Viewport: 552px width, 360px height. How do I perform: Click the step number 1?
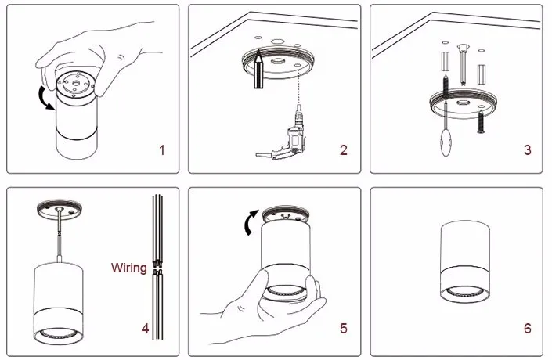pyautogui.click(x=162, y=150)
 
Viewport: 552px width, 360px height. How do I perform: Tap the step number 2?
pyautogui.click(x=344, y=150)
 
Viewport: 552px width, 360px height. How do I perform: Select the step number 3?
pyautogui.click(x=528, y=150)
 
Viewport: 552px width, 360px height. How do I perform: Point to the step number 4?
pyautogui.click(x=145, y=329)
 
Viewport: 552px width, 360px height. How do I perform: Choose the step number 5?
pyautogui.click(x=344, y=329)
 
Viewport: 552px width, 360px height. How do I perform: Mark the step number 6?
pyautogui.click(x=528, y=329)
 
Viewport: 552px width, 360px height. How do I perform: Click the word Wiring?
pyautogui.click(x=129, y=268)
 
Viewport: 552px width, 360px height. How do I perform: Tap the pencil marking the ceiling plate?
pyautogui.click(x=258, y=69)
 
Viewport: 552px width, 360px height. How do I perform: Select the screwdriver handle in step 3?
pyautogui.click(x=446, y=142)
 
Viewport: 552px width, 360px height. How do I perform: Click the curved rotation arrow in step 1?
pyautogui.click(x=45, y=98)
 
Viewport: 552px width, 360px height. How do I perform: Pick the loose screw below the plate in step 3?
pyautogui.click(x=481, y=121)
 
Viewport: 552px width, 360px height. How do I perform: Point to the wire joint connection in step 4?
pyautogui.click(x=157, y=268)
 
